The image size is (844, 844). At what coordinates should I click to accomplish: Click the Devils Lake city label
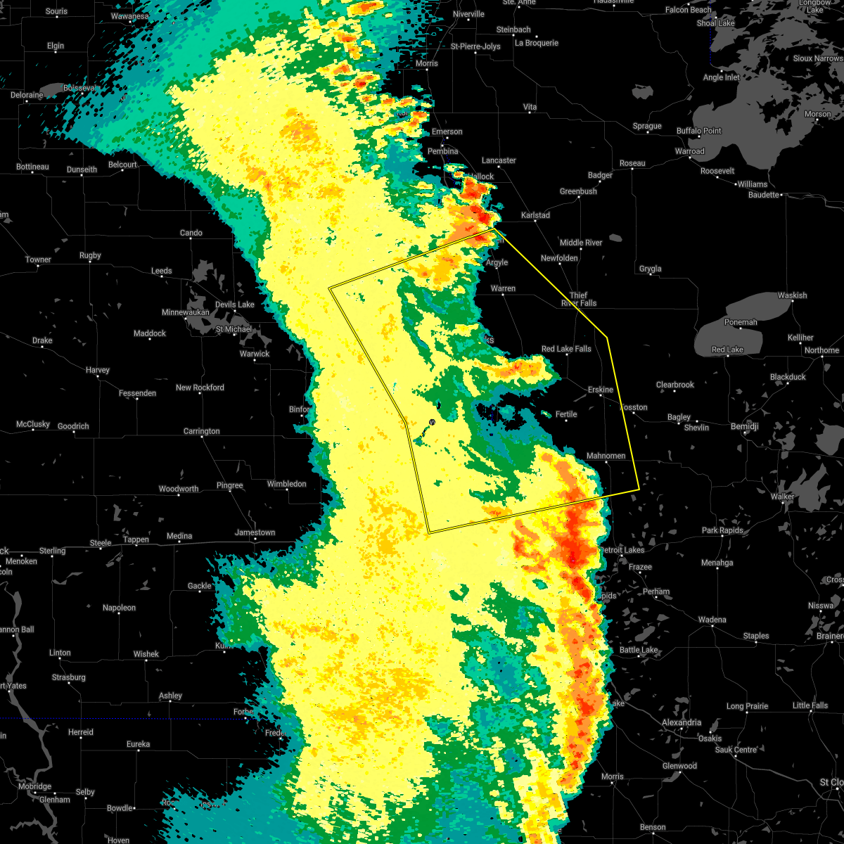coord(234,305)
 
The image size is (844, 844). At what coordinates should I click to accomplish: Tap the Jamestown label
coord(255,532)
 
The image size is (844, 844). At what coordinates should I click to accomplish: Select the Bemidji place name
coord(744,427)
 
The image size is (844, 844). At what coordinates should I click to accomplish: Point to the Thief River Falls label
coord(578,300)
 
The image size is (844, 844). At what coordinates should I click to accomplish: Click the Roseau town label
coord(632,163)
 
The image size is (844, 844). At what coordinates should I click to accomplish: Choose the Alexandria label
coord(681,722)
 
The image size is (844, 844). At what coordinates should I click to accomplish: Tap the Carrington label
coord(201,431)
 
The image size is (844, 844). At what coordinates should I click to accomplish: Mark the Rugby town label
coord(90,255)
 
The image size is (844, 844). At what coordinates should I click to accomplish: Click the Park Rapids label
coord(722,530)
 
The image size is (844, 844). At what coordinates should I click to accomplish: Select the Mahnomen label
coord(606,456)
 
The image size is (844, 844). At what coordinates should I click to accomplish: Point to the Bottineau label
coord(32,167)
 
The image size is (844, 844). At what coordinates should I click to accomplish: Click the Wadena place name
coord(712,620)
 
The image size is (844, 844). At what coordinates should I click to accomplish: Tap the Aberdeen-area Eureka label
coord(138,744)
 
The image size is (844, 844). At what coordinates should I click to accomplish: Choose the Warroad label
coord(689,151)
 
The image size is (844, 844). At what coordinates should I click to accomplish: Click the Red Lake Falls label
coord(566,349)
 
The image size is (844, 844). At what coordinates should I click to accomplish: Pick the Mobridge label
coord(34,786)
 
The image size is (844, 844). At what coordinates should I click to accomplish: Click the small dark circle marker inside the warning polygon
coord(432,422)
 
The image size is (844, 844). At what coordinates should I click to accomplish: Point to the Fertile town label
coord(565,414)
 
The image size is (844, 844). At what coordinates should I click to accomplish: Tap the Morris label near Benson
coord(612,776)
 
